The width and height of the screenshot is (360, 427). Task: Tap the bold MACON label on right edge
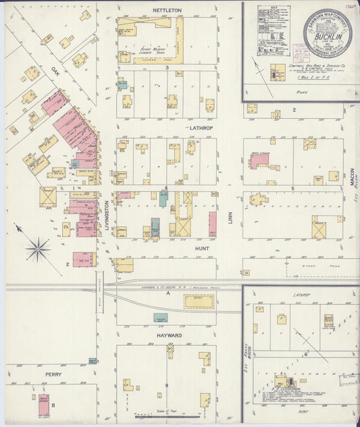pos(352,177)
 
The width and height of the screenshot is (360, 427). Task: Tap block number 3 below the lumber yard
pos(166,68)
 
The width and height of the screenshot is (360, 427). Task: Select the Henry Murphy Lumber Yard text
pos(154,49)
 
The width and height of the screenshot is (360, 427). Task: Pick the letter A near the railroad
pos(166,293)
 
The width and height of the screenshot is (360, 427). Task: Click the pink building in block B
pos(43,403)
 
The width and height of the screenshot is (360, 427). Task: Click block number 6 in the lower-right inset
pos(305,353)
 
